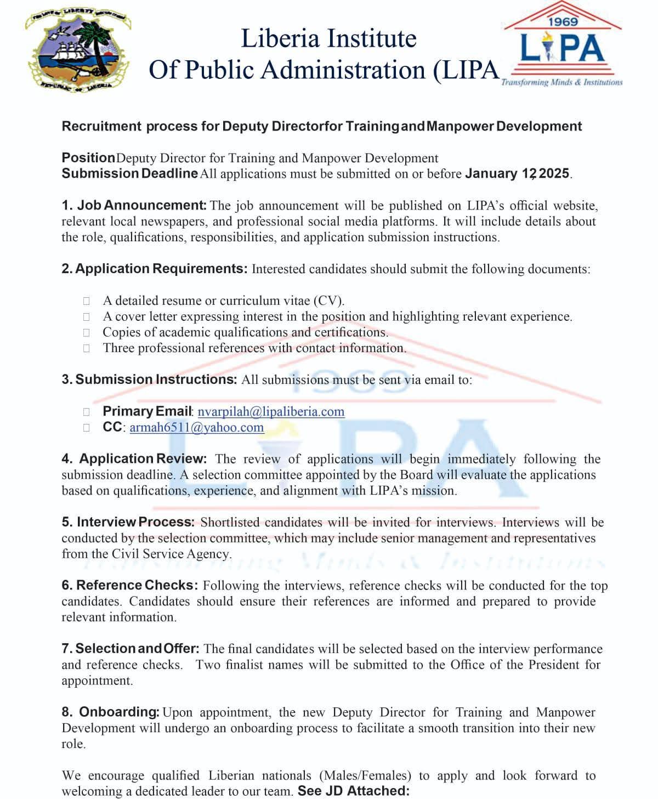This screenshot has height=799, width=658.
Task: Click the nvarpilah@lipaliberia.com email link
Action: pos(271,412)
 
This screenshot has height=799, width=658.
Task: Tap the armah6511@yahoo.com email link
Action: pos(196,428)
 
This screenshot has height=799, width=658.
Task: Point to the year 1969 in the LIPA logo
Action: pos(563,22)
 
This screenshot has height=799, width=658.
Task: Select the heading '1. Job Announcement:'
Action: pos(134,206)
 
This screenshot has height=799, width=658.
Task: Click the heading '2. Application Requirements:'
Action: pos(155,269)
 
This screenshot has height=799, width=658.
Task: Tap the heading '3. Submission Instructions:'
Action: pos(149,379)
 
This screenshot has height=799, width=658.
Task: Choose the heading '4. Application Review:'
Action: pos(134,459)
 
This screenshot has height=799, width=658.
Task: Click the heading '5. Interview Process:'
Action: pos(128,522)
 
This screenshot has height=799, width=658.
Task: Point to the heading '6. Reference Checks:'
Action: pos(129,585)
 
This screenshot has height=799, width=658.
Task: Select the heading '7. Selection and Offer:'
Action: pos(130,649)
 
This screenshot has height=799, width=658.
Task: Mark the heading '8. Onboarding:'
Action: pos(110,712)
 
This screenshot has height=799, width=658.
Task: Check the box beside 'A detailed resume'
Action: pos(87,301)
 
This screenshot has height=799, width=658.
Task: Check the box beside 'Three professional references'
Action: pos(87,348)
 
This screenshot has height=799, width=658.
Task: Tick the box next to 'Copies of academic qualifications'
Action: pos(87,332)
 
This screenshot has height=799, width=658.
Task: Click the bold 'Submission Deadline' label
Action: pos(129,174)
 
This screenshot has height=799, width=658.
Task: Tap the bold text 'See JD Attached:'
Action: pos(353,791)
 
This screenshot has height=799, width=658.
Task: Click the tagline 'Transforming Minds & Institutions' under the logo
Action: pos(561,82)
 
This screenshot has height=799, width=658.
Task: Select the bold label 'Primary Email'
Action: pos(147,411)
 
